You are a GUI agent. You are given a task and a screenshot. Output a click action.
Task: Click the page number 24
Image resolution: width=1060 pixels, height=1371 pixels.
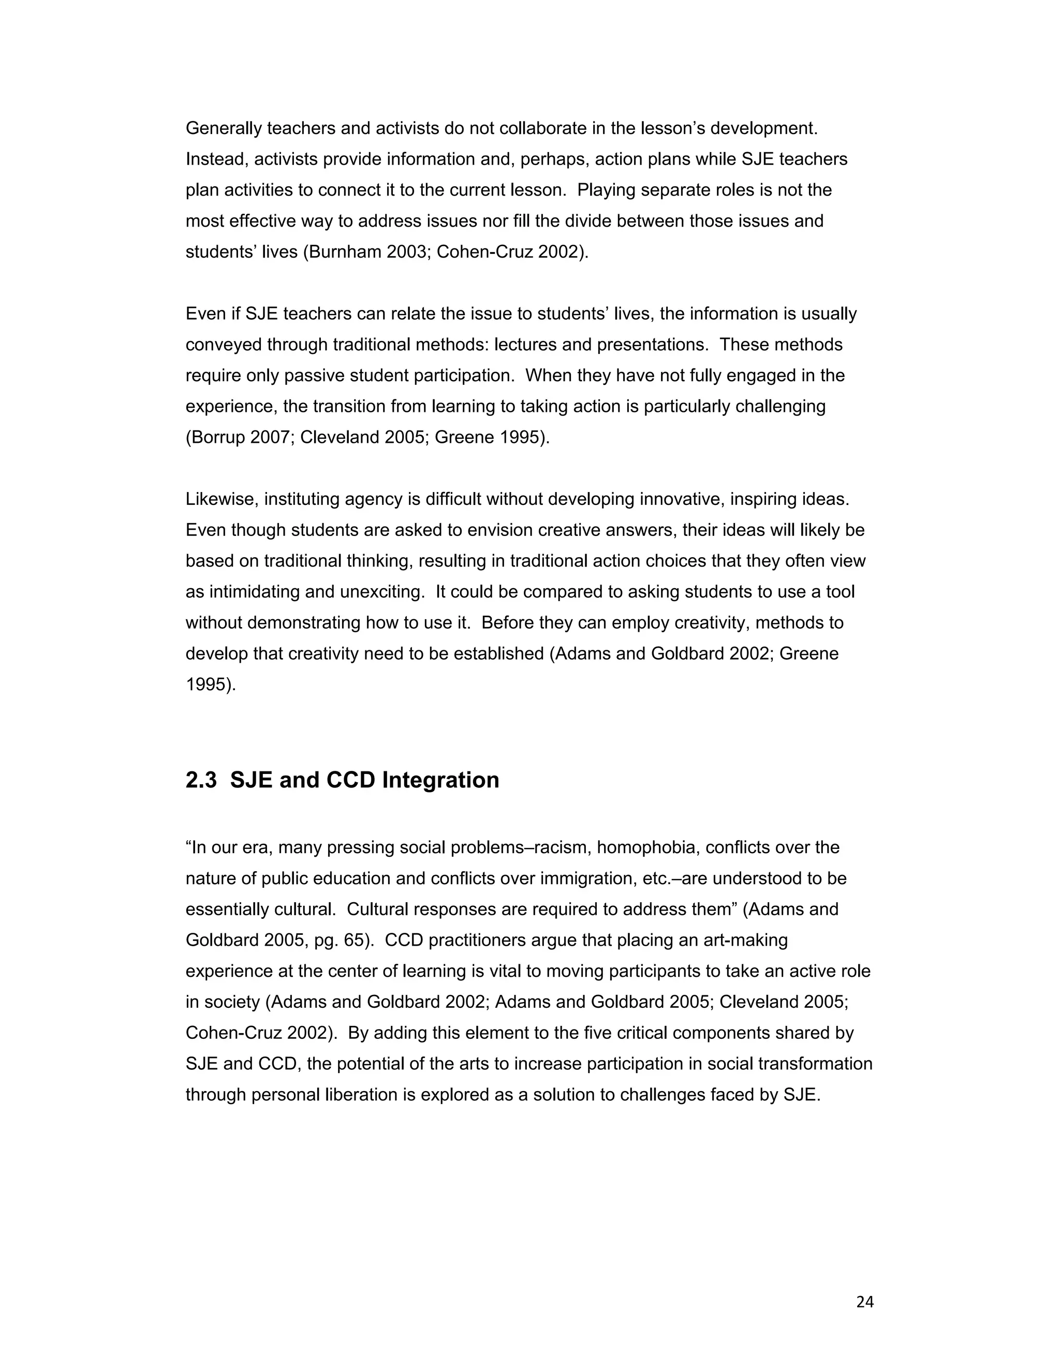(x=865, y=1302)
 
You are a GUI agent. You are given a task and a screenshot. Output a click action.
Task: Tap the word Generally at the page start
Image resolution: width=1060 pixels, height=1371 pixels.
(x=224, y=129)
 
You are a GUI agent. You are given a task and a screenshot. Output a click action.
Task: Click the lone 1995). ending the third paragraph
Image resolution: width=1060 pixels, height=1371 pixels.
(x=211, y=685)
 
